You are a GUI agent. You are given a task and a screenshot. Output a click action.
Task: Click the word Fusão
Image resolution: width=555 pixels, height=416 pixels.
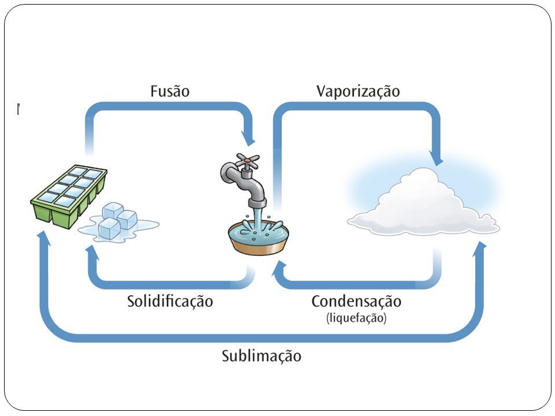pyautogui.click(x=170, y=91)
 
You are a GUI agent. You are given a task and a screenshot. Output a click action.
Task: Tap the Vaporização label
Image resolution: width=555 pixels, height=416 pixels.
pyautogui.click(x=358, y=91)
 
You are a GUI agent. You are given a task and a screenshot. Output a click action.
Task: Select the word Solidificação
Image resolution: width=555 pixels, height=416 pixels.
pyautogui.click(x=170, y=302)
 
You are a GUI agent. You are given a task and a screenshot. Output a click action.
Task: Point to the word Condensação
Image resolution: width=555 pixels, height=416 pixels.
pyautogui.click(x=357, y=302)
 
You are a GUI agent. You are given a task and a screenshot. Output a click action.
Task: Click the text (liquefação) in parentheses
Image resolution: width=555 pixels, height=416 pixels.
pyautogui.click(x=356, y=318)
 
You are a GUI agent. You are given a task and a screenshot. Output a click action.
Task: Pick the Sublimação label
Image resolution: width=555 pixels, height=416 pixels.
pyautogui.click(x=261, y=356)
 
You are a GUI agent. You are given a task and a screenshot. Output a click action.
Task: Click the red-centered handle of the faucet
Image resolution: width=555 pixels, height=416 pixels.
pyautogui.click(x=248, y=161)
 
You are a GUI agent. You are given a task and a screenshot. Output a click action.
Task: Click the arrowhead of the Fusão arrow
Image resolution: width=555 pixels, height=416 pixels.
pyautogui.click(x=248, y=138)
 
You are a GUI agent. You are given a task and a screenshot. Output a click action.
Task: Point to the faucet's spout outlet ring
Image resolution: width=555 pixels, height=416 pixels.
pyautogui.click(x=257, y=203)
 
